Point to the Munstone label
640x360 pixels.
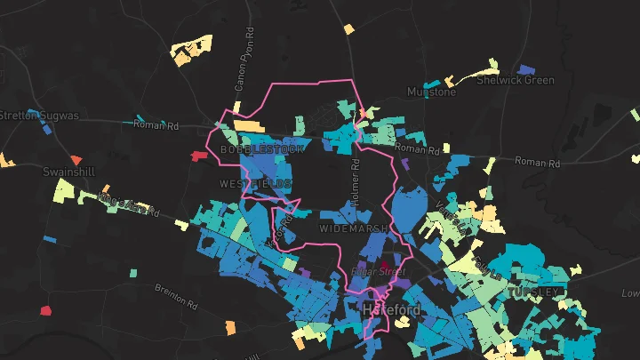click(431, 92)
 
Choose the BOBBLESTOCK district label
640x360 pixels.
click(262, 150)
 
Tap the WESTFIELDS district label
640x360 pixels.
click(255, 184)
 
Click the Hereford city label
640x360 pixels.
click(391, 309)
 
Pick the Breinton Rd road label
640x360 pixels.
click(175, 295)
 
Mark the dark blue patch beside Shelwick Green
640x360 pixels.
click(527, 68)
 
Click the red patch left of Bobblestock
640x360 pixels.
click(198, 156)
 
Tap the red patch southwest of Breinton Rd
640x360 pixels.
click(46, 310)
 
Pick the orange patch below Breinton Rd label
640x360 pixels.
click(230, 327)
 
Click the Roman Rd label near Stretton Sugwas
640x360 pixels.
click(156, 125)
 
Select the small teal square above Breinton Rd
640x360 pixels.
click(133, 272)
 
